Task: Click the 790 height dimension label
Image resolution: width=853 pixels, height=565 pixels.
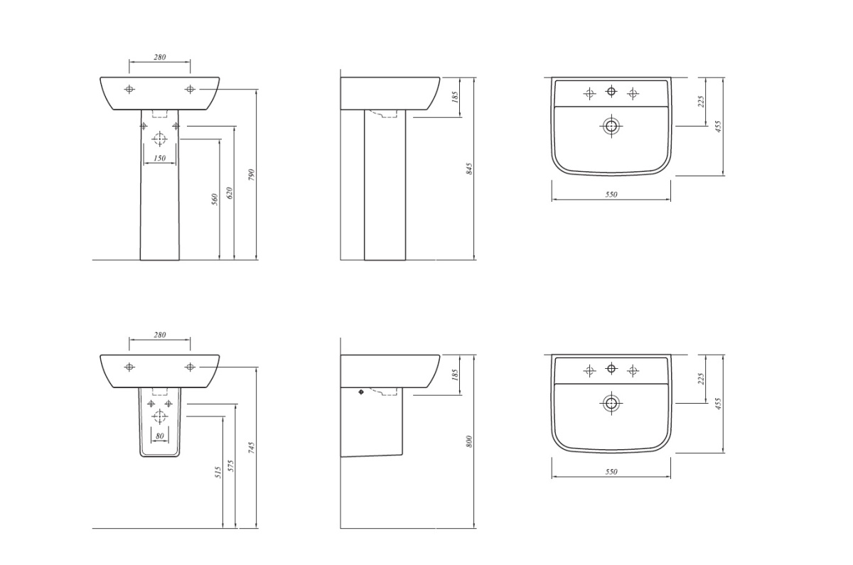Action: click(252, 174)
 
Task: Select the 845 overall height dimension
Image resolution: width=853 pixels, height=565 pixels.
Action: click(470, 168)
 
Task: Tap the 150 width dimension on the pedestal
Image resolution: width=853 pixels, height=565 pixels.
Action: click(160, 158)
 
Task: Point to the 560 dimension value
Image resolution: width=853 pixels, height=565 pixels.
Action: click(215, 200)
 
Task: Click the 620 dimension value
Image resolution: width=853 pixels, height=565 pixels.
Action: click(229, 193)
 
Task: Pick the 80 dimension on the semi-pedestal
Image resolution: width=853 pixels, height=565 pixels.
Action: click(160, 436)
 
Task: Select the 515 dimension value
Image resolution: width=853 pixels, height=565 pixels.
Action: click(218, 473)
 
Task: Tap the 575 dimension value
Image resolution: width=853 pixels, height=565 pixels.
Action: click(231, 466)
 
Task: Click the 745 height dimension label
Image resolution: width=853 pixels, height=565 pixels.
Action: click(252, 448)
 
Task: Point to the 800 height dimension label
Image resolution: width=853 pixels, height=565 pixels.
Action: click(470, 441)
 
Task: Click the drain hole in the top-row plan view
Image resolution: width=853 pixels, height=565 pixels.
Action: click(611, 126)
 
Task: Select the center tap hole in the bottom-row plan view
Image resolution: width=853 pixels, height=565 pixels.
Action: click(611, 369)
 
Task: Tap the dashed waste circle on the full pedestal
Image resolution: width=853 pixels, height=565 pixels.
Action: click(159, 139)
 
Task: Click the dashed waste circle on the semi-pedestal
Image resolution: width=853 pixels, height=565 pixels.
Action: click(159, 416)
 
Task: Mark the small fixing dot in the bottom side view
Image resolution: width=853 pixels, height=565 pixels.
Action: click(361, 392)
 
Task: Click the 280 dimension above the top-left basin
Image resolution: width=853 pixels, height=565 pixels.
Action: click(160, 57)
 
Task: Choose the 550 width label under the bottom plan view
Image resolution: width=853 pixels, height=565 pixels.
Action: click(611, 472)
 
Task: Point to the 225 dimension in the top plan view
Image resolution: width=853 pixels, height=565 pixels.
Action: click(701, 101)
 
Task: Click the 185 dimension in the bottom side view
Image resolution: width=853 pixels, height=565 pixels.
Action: click(454, 375)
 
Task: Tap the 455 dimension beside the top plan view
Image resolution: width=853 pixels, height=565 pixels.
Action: click(718, 127)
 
